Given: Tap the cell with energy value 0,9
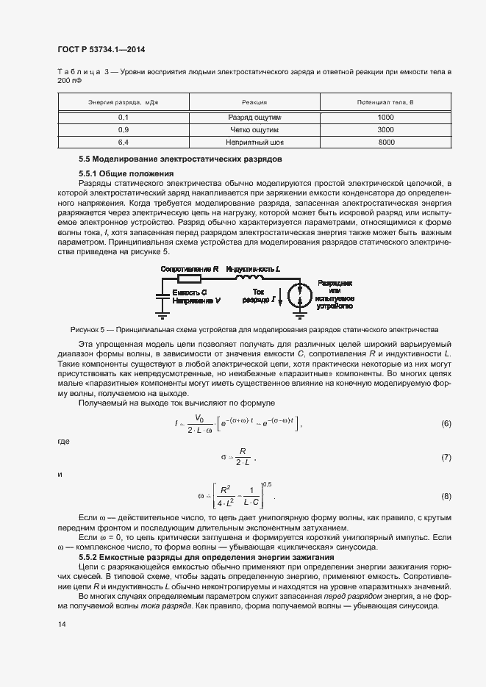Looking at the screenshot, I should point(123,129).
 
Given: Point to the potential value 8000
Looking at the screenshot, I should point(386,142).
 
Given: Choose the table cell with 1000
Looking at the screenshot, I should point(386,117).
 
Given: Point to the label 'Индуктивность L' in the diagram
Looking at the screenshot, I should point(253,269).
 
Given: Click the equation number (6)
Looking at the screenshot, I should point(446,424).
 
